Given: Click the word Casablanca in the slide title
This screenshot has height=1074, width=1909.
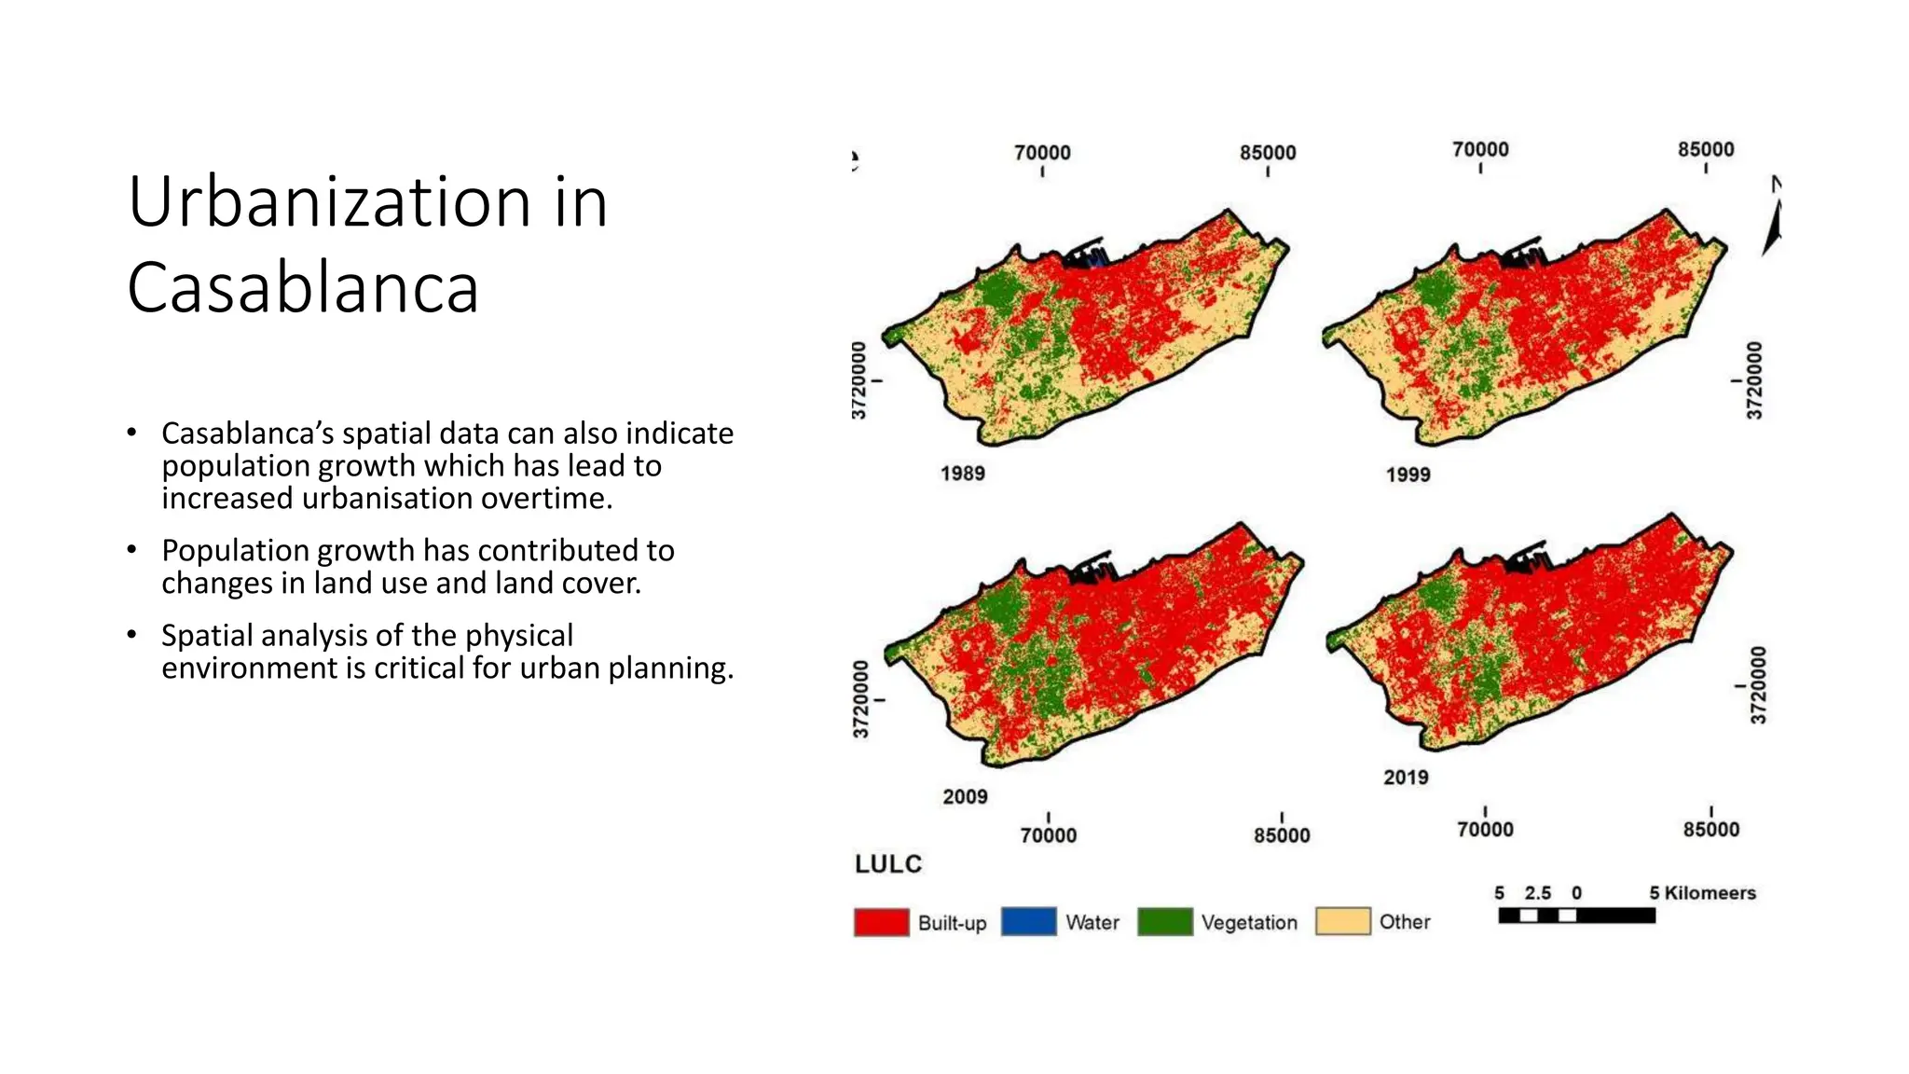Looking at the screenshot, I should click(303, 287).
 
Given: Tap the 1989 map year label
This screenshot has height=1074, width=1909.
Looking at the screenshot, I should click(962, 474).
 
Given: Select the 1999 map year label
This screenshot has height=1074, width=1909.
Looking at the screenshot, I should click(1408, 475).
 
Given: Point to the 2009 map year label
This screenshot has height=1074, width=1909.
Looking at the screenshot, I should click(965, 797).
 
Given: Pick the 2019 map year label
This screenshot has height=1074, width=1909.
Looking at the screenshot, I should click(1406, 778).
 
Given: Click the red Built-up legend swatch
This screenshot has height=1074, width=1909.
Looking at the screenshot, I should click(881, 922).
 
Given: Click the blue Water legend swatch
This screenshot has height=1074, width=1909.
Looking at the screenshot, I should click(1028, 921).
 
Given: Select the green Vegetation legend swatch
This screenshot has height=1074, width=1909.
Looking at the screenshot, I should click(1165, 921).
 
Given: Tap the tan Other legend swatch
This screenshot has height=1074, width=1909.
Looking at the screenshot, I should click(1342, 921).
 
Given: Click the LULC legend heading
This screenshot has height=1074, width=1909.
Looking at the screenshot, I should click(888, 864).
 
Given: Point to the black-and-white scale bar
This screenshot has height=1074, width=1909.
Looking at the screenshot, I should click(1576, 916).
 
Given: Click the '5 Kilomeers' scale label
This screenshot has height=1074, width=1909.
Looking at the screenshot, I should click(1702, 893).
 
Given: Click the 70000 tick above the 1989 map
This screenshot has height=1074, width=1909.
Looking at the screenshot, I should click(1042, 153).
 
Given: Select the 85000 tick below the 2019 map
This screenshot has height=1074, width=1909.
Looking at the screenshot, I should click(1710, 829).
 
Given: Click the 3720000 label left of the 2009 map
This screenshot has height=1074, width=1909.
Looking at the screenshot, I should click(861, 699).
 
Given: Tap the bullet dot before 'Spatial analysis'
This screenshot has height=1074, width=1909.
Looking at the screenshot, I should click(132, 635).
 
